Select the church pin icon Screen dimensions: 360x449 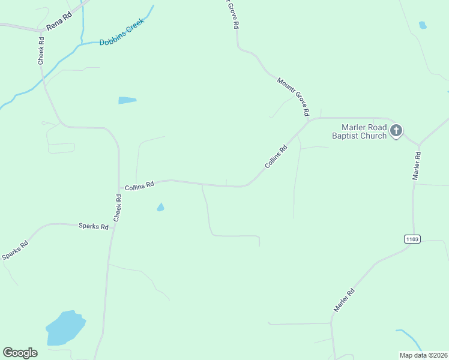396,130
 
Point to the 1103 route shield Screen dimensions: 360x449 412,239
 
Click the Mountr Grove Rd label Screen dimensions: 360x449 293,97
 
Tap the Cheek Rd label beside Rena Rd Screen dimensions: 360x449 41,51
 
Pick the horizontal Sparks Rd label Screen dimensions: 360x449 93,226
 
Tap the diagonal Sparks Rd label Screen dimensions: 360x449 15,250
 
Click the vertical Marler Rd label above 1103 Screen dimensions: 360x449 416,166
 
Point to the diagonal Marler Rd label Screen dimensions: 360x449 344,299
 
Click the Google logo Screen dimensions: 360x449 20,353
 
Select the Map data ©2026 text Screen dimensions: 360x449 423,355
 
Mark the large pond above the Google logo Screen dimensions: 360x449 65,328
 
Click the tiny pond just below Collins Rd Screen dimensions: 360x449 160,208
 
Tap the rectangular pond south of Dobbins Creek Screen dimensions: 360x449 127,100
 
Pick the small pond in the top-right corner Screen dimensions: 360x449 423,25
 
